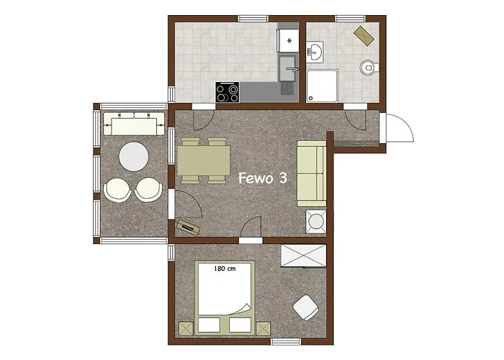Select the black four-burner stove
point(228,91)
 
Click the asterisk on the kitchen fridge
point(289,41)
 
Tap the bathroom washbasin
point(315,51)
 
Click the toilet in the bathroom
point(369,68)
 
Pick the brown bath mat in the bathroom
point(363,33)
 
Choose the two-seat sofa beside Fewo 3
point(311,173)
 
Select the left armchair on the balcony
point(118,190)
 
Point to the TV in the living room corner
point(187,226)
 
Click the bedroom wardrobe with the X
point(304,256)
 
